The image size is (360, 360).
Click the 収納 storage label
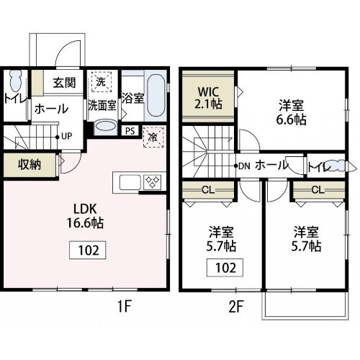point(30,164)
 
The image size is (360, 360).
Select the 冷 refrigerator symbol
point(153,135)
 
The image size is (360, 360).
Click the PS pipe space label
point(130,132)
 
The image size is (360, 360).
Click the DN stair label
point(243,165)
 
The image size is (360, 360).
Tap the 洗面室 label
point(102,104)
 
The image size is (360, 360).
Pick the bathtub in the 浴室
point(155,96)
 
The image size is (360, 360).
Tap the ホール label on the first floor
point(51,109)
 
